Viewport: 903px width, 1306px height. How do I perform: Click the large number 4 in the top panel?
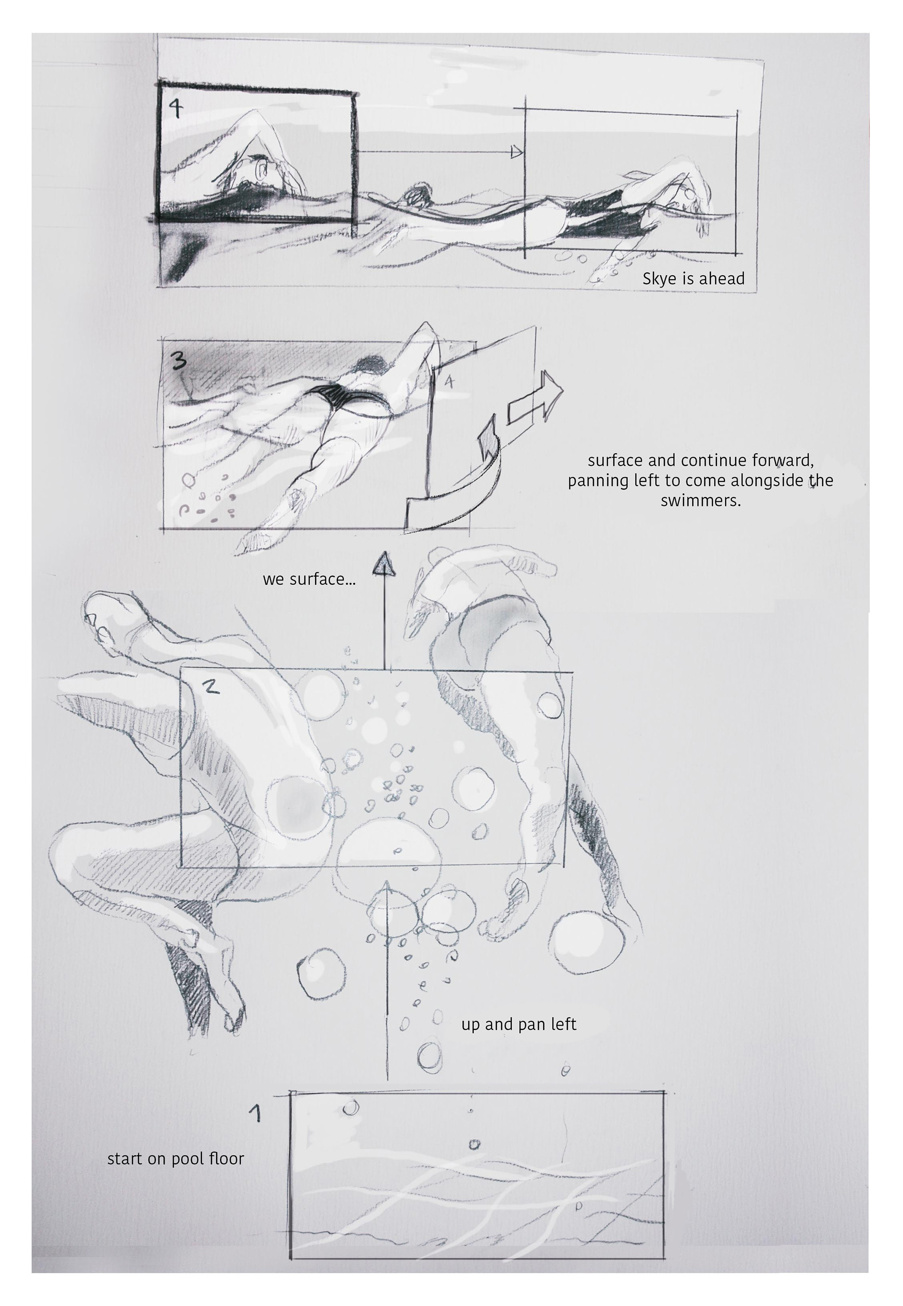tap(176, 108)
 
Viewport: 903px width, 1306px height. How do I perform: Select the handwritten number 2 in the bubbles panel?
tap(211, 687)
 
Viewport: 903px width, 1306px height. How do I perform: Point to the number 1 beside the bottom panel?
tap(256, 1113)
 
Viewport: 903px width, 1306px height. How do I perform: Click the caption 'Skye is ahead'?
tap(693, 279)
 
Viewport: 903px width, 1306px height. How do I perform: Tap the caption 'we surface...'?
tap(309, 579)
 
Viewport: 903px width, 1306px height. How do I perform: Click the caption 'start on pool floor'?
tap(175, 1159)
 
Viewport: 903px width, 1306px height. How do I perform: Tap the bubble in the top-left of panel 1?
tap(351, 1107)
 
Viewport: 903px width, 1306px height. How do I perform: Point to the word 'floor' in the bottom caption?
tap(226, 1158)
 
